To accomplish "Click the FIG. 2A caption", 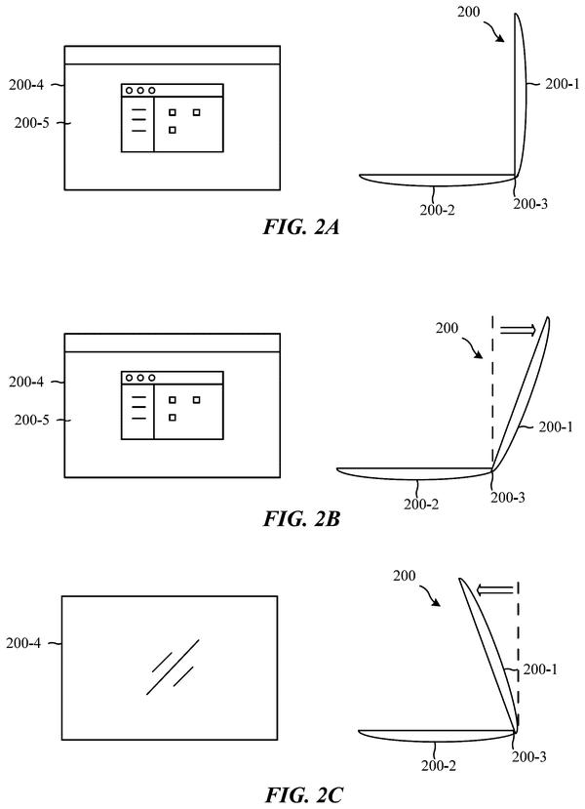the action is (x=301, y=227).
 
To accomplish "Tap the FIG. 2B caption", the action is (x=301, y=518).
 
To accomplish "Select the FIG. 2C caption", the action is (x=303, y=794).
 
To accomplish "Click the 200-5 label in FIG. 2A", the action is (x=32, y=123).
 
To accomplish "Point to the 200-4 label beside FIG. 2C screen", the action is (x=23, y=643).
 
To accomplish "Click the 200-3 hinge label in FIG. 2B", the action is (x=508, y=498).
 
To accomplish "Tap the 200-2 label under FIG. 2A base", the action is (x=437, y=210).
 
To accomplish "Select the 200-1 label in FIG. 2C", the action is (x=540, y=669).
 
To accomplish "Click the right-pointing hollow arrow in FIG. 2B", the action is (x=518, y=330).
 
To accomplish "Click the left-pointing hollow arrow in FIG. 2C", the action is (x=494, y=589).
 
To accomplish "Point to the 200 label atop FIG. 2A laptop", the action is (x=468, y=12).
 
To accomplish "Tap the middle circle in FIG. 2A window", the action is (x=140, y=91).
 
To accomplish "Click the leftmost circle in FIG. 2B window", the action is (x=129, y=379).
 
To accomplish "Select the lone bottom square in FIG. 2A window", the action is (x=173, y=130).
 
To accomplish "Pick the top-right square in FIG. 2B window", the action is (x=196, y=400).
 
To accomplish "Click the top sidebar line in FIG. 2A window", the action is (x=139, y=110).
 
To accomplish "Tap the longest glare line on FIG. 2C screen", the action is (x=173, y=667).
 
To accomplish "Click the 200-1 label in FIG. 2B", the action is (x=556, y=426).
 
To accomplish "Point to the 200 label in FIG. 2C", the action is (x=404, y=576).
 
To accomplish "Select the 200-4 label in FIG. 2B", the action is (x=25, y=382).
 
